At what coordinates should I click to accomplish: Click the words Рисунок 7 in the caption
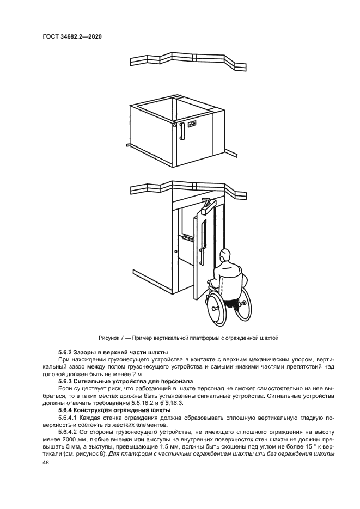tap(111, 338)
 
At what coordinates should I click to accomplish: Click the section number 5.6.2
tap(66, 353)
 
